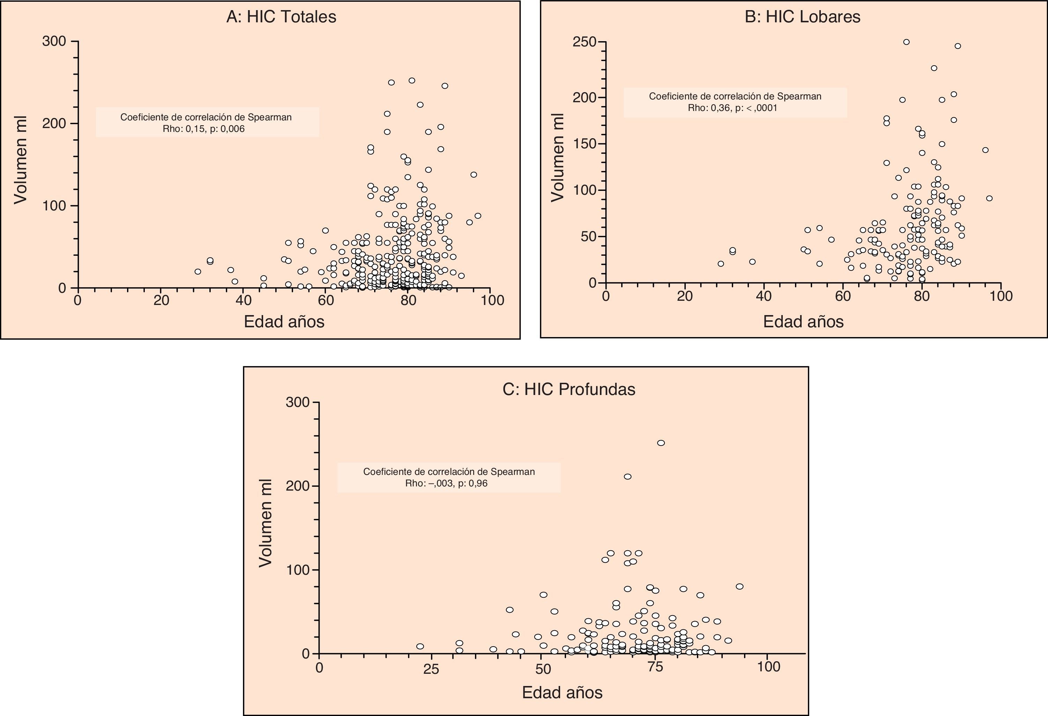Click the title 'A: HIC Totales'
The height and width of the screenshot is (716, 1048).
[x=281, y=17]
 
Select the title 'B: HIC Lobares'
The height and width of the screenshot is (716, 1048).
[x=802, y=17]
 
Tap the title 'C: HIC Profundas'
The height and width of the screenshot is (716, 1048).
[x=568, y=389]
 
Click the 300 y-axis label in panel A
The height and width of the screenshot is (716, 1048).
[x=54, y=42]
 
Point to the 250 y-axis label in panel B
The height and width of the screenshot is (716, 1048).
[x=585, y=42]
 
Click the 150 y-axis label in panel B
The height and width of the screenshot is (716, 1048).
[x=585, y=144]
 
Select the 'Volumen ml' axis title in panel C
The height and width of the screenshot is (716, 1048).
[x=266, y=523]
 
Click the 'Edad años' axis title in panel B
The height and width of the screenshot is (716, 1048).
[x=803, y=321]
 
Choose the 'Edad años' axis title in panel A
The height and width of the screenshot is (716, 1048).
[x=284, y=321]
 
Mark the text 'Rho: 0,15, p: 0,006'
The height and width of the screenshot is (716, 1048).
[x=204, y=129]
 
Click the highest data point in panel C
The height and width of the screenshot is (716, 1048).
[x=661, y=443]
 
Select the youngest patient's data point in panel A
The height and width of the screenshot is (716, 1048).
[x=198, y=271]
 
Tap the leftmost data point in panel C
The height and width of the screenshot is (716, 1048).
[x=420, y=646]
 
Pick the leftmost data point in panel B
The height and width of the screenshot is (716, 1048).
[x=721, y=264]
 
